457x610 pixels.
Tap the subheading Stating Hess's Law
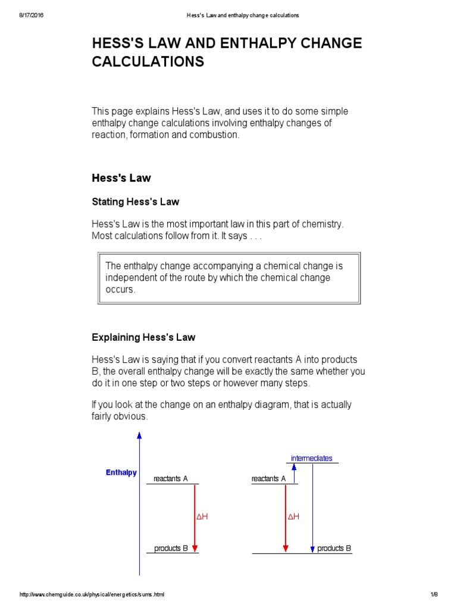coord(135,202)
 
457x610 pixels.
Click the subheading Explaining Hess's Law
coord(143,338)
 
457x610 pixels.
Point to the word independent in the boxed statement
coord(133,278)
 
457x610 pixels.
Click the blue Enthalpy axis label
coord(121,473)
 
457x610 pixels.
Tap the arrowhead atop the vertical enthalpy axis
coord(139,435)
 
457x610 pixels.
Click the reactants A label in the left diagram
coord(170,479)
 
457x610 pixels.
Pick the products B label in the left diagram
coord(171,549)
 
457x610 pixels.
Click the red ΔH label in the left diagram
coord(202,517)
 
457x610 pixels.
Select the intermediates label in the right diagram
coord(311,458)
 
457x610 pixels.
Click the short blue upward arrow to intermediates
coord(294,473)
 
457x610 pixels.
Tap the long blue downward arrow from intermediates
coord(312,506)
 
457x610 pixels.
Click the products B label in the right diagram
coord(334,549)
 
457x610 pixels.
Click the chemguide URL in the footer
coord(92,595)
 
